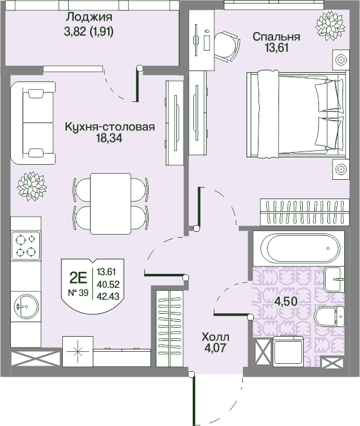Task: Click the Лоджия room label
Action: click(x=89, y=17)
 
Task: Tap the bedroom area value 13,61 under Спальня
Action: click(x=276, y=48)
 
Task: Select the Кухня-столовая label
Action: click(x=110, y=127)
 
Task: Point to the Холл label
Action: click(x=216, y=337)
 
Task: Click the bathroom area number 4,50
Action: click(x=286, y=301)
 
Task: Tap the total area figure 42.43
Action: click(x=108, y=296)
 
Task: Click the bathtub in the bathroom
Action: click(x=300, y=249)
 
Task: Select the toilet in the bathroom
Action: click(x=330, y=317)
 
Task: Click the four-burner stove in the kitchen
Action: click(x=25, y=246)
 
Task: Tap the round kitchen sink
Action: click(x=26, y=306)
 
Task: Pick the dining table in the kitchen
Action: click(x=111, y=204)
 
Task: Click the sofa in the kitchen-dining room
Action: click(x=33, y=123)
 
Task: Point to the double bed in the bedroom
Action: click(x=297, y=114)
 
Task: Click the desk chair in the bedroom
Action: click(x=227, y=46)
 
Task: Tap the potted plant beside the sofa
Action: click(x=31, y=186)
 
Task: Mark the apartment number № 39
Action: click(x=78, y=293)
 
